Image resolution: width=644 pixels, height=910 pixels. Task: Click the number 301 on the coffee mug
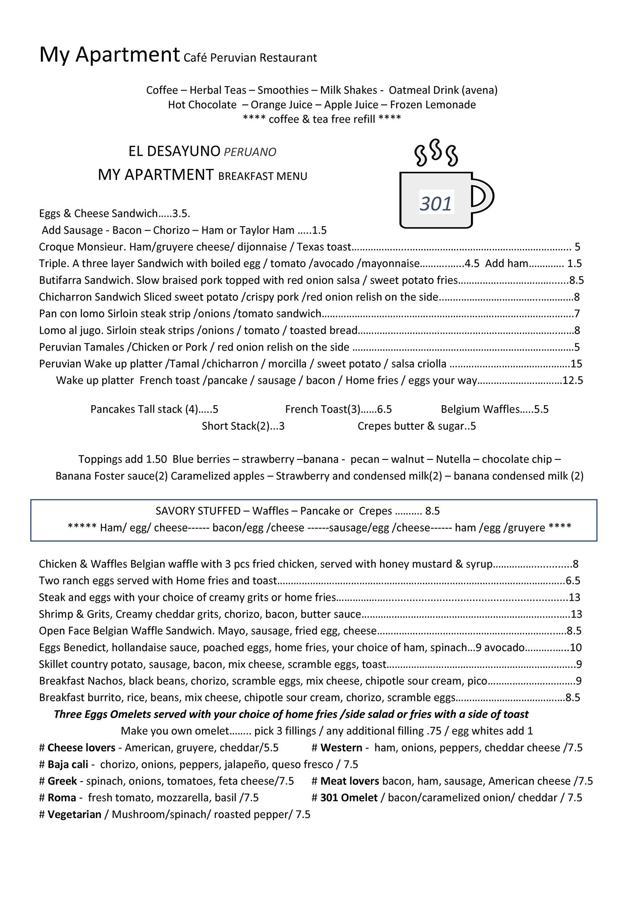coord(436,204)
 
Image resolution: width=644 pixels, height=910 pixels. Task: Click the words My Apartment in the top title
coord(109,55)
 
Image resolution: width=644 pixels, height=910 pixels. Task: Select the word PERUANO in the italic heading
coord(250,152)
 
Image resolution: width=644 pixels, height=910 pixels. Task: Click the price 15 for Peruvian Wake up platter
coord(576,364)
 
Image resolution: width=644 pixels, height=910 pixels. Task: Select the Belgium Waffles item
coord(480,409)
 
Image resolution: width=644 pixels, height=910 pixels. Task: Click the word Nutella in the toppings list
coord(453,459)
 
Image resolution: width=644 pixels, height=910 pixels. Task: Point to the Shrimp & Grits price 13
coord(576,614)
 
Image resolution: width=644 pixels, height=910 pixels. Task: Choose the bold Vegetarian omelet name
coord(74,814)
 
